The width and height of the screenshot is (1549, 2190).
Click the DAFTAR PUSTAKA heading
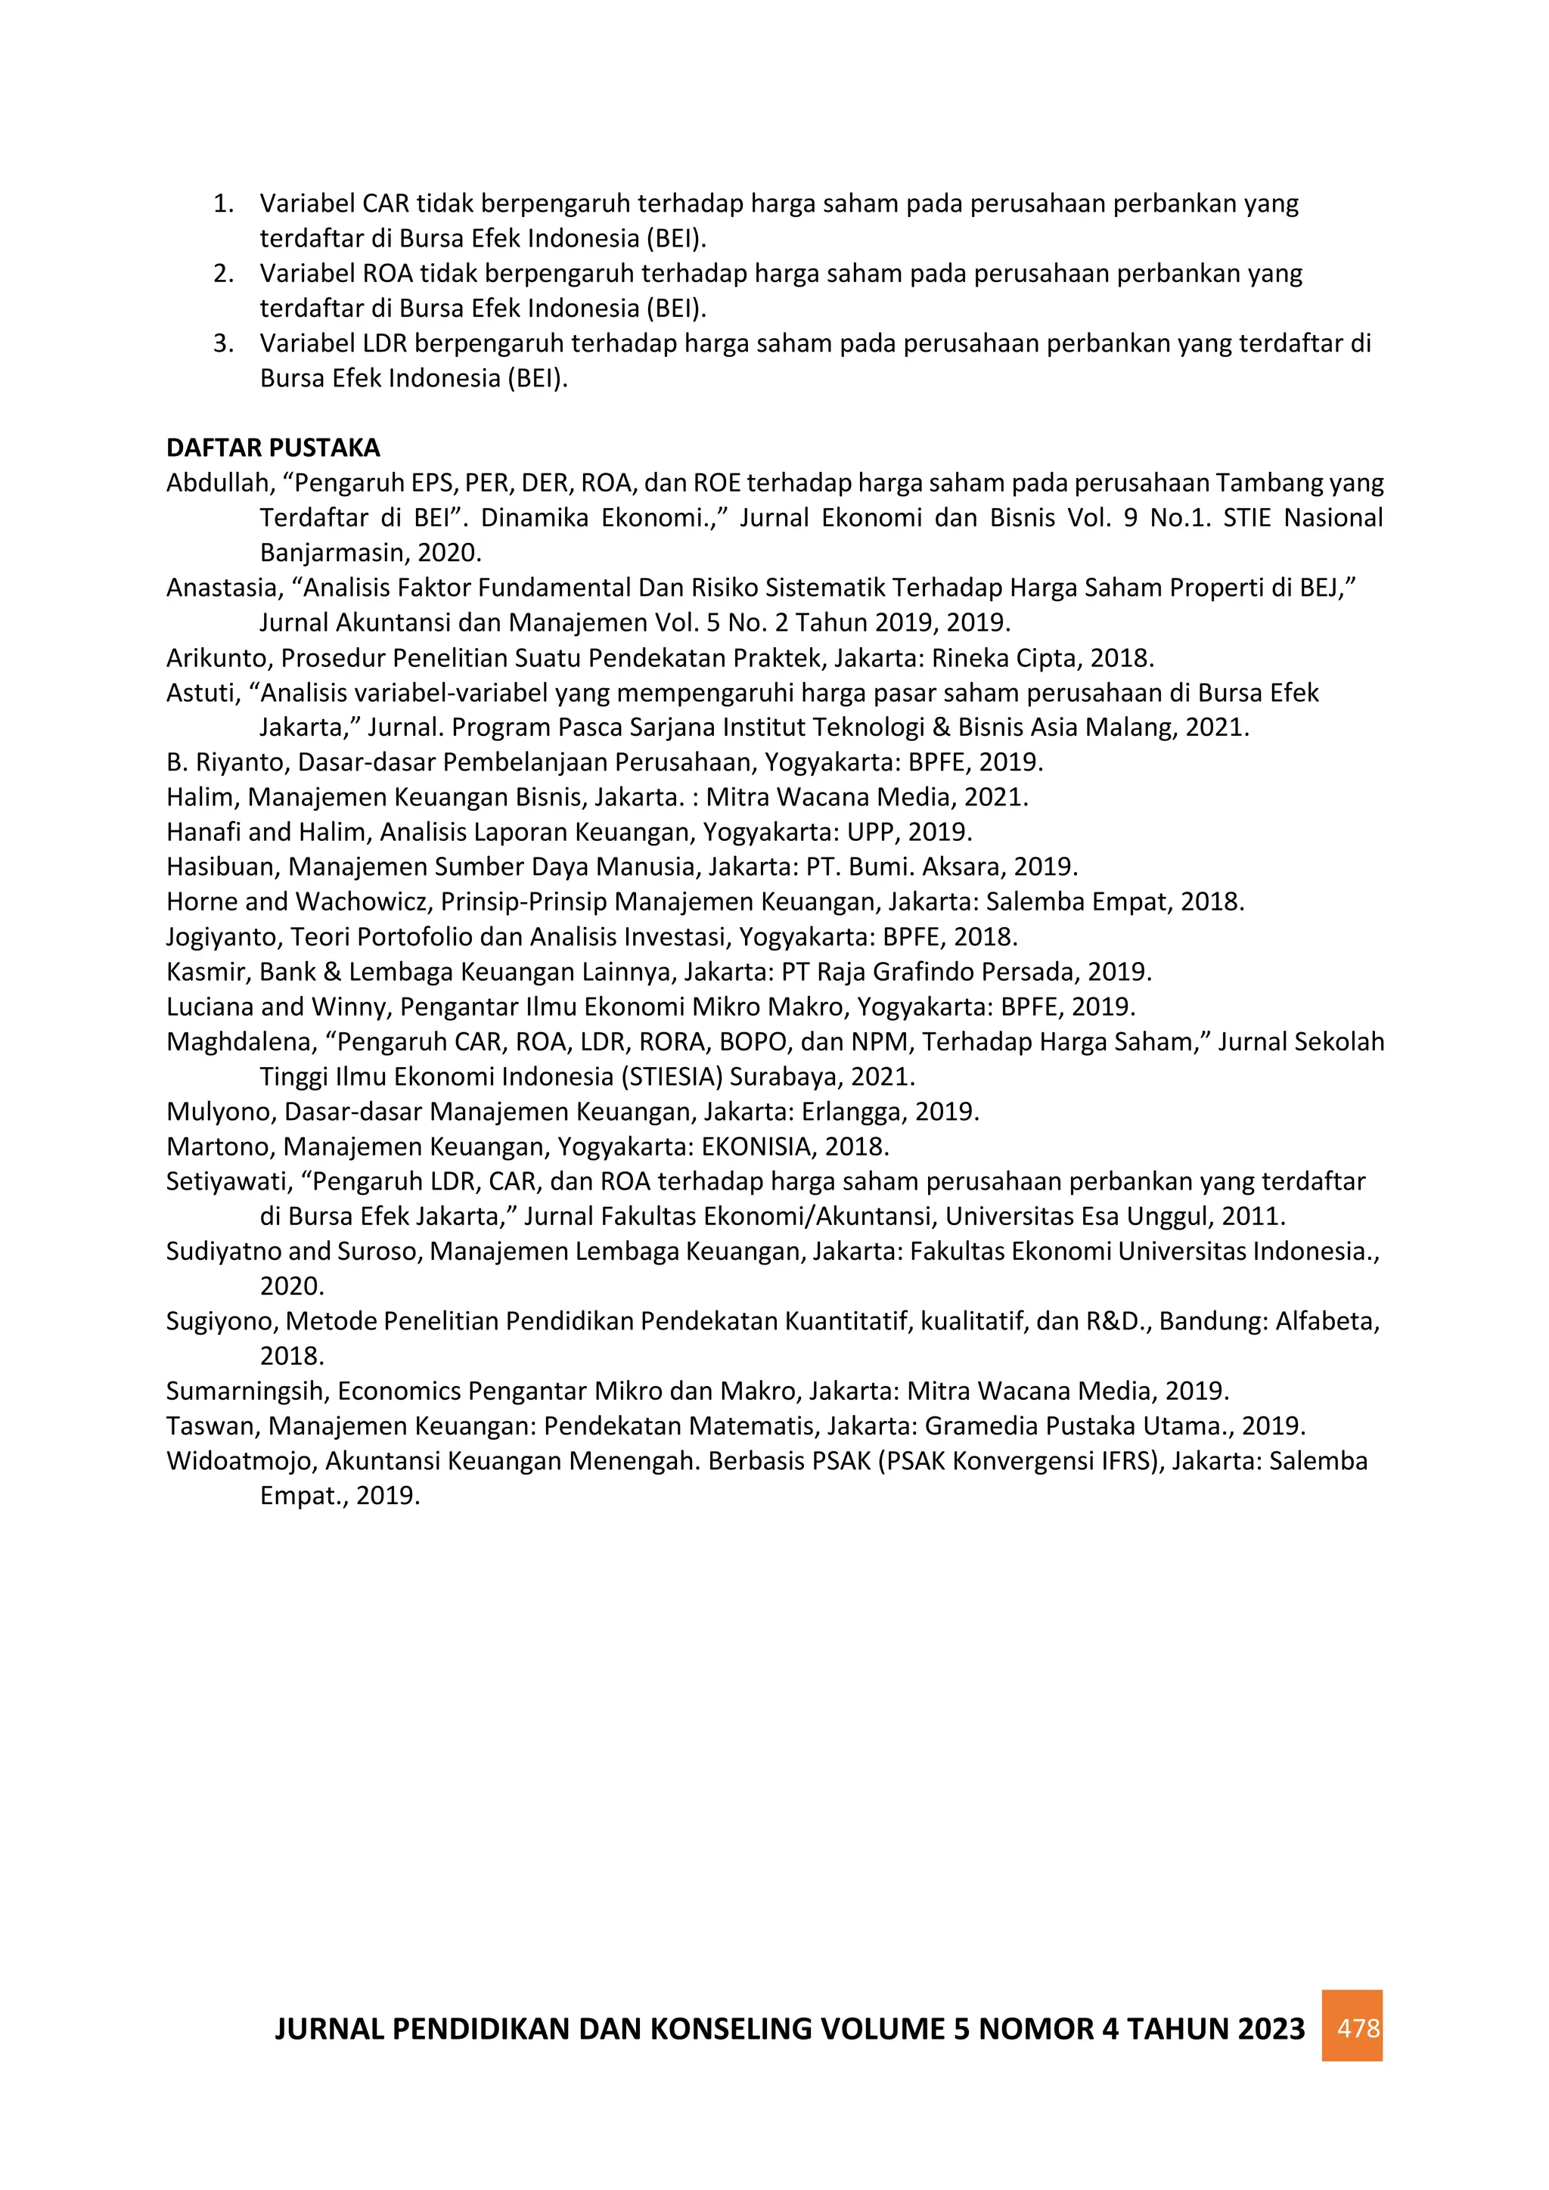click(273, 448)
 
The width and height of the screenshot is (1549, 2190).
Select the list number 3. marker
click(223, 343)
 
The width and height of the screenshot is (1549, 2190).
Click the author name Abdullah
click(219, 482)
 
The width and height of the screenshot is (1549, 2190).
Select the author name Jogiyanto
click(223, 938)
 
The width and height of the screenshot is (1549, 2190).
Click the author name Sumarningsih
click(245, 1391)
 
